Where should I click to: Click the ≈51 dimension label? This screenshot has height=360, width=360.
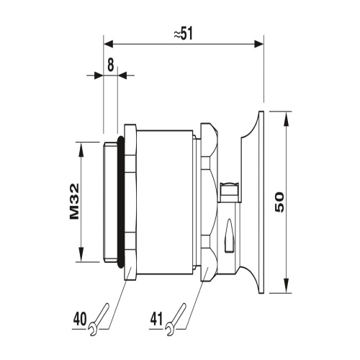click(183, 34)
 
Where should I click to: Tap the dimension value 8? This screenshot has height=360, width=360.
click(110, 65)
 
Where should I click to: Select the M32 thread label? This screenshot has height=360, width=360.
click(74, 202)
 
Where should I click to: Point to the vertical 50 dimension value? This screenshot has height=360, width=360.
click(279, 202)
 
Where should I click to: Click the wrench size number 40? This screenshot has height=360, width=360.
click(80, 319)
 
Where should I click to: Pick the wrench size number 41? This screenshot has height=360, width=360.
click(157, 319)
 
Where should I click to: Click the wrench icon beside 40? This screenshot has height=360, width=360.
click(99, 319)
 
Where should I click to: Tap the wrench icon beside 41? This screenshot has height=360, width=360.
click(176, 319)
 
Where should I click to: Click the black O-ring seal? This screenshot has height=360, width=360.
click(121, 202)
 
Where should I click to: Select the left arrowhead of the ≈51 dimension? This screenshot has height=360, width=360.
click(108, 44)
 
